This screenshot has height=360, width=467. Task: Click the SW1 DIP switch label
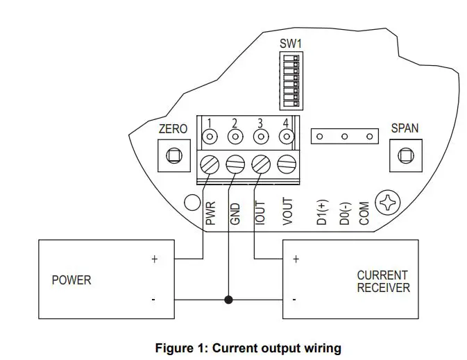click(x=291, y=43)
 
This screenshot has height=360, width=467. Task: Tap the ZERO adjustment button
click(x=173, y=156)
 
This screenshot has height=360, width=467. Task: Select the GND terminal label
click(x=235, y=213)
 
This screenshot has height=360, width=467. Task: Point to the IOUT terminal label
click(x=259, y=213)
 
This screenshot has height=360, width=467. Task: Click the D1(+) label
click(x=322, y=213)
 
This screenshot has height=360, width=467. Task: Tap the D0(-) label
click(x=344, y=213)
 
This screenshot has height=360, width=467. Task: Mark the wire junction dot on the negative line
click(x=228, y=300)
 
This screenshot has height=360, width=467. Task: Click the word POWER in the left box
click(x=71, y=280)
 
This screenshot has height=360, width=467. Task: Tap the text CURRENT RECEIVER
click(x=382, y=282)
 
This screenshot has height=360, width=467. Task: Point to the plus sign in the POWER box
click(x=154, y=259)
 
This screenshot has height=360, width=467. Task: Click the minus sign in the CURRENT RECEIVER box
click(x=296, y=300)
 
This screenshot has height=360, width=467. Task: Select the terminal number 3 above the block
click(x=260, y=124)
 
